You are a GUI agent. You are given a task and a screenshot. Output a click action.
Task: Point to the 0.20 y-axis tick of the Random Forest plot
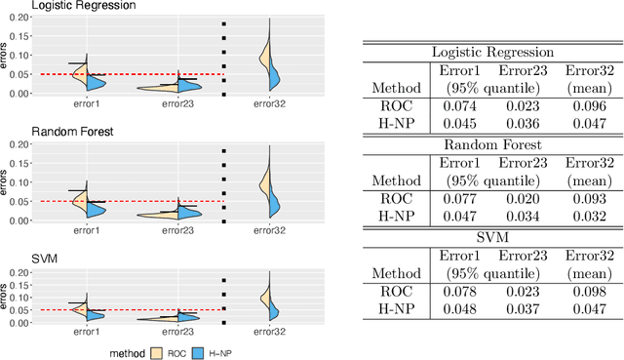point(19,144)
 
